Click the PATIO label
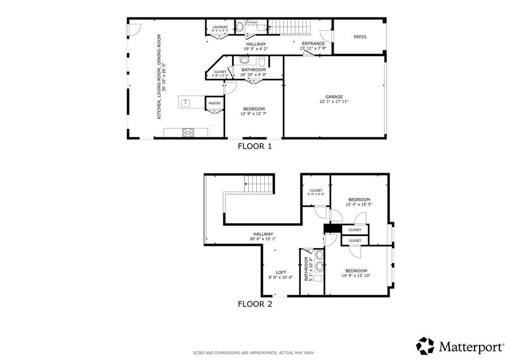click(x=360, y=37)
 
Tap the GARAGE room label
click(x=334, y=97)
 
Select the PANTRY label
click(x=215, y=104)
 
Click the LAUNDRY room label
click(x=220, y=27)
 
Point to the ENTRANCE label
click(x=313, y=43)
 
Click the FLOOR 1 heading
click(x=255, y=146)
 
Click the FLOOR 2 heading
click(x=255, y=304)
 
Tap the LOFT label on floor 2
click(x=281, y=272)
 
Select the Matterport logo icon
click(x=425, y=346)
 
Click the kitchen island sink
click(x=185, y=103)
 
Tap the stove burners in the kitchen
click(x=188, y=132)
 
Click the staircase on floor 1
click(x=289, y=26)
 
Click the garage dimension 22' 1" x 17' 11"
click(x=334, y=102)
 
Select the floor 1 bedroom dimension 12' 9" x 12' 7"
click(x=254, y=114)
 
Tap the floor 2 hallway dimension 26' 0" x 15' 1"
click(x=263, y=239)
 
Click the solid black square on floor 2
click(x=332, y=229)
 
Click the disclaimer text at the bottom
click(x=254, y=353)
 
